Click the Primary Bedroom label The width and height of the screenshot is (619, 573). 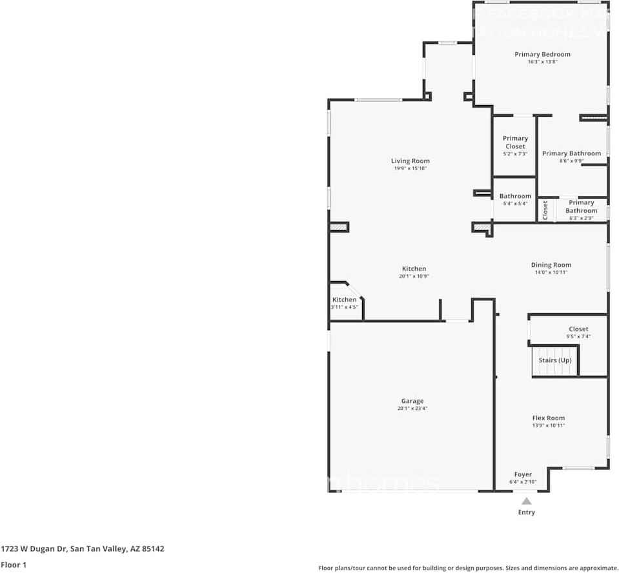pyautogui.click(x=542, y=54)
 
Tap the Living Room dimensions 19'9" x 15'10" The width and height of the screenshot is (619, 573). pyautogui.click(x=410, y=168)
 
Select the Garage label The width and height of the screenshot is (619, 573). pyautogui.click(x=412, y=401)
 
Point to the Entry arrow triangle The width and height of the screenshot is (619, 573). pyautogui.click(x=527, y=501)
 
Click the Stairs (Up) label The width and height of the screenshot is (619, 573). pyautogui.click(x=555, y=360)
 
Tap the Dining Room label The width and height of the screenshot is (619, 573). pyautogui.click(x=551, y=265)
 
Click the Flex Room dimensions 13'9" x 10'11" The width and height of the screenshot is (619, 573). pyautogui.click(x=548, y=425)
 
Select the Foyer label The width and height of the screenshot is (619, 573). pyautogui.click(x=523, y=475)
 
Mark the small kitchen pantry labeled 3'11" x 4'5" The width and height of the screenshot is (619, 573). pyautogui.click(x=344, y=304)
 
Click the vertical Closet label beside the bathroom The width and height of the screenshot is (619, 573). pyautogui.click(x=545, y=209)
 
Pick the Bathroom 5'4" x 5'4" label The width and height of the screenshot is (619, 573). pyautogui.click(x=515, y=196)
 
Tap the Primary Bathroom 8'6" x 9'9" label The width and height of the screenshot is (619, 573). pyautogui.click(x=571, y=153)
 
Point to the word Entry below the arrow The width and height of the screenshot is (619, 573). pyautogui.click(x=526, y=512)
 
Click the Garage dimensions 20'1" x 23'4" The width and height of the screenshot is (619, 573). pyautogui.click(x=412, y=408)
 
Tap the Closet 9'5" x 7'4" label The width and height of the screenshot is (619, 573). pyautogui.click(x=578, y=329)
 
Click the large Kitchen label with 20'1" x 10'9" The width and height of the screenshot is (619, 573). pyautogui.click(x=414, y=269)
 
